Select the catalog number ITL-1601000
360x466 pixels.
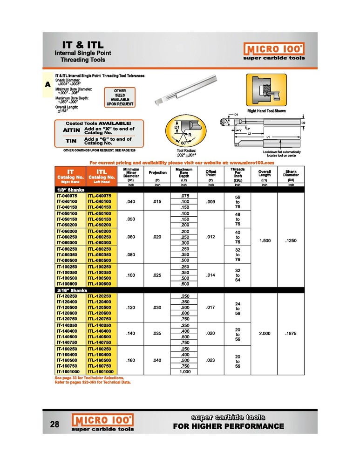point(102,371)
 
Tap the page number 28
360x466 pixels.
point(54,425)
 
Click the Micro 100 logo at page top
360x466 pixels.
point(274,48)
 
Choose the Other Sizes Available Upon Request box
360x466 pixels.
point(120,97)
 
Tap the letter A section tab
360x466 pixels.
point(48,85)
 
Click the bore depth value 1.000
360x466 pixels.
point(184,371)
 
